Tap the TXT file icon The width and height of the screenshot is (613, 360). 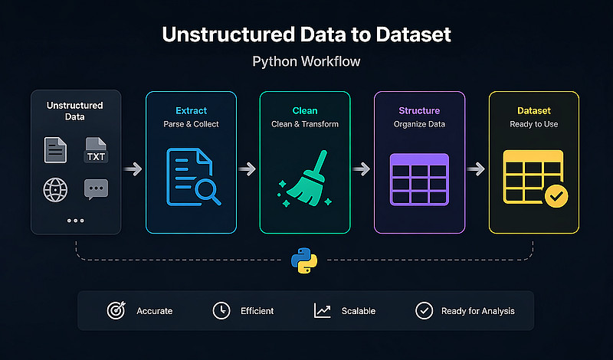pyautogui.click(x=96, y=150)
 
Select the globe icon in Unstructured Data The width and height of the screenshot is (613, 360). pyautogui.click(x=55, y=188)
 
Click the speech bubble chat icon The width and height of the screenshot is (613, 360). pyautogui.click(x=96, y=188)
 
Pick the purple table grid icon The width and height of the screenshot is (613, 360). pyautogui.click(x=419, y=178)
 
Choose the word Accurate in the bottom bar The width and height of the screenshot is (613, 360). pyautogui.click(x=154, y=311)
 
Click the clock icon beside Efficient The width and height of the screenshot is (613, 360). pyautogui.click(x=221, y=310)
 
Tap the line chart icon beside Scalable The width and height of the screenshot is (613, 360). pyautogui.click(x=323, y=310)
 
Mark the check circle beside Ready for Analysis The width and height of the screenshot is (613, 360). pyautogui.click(x=423, y=310)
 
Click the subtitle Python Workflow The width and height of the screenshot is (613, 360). pyautogui.click(x=306, y=62)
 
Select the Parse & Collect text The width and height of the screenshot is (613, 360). pyautogui.click(x=191, y=125)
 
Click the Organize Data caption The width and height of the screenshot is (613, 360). pyautogui.click(x=419, y=125)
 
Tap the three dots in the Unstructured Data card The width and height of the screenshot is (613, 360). pyautogui.click(x=75, y=221)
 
